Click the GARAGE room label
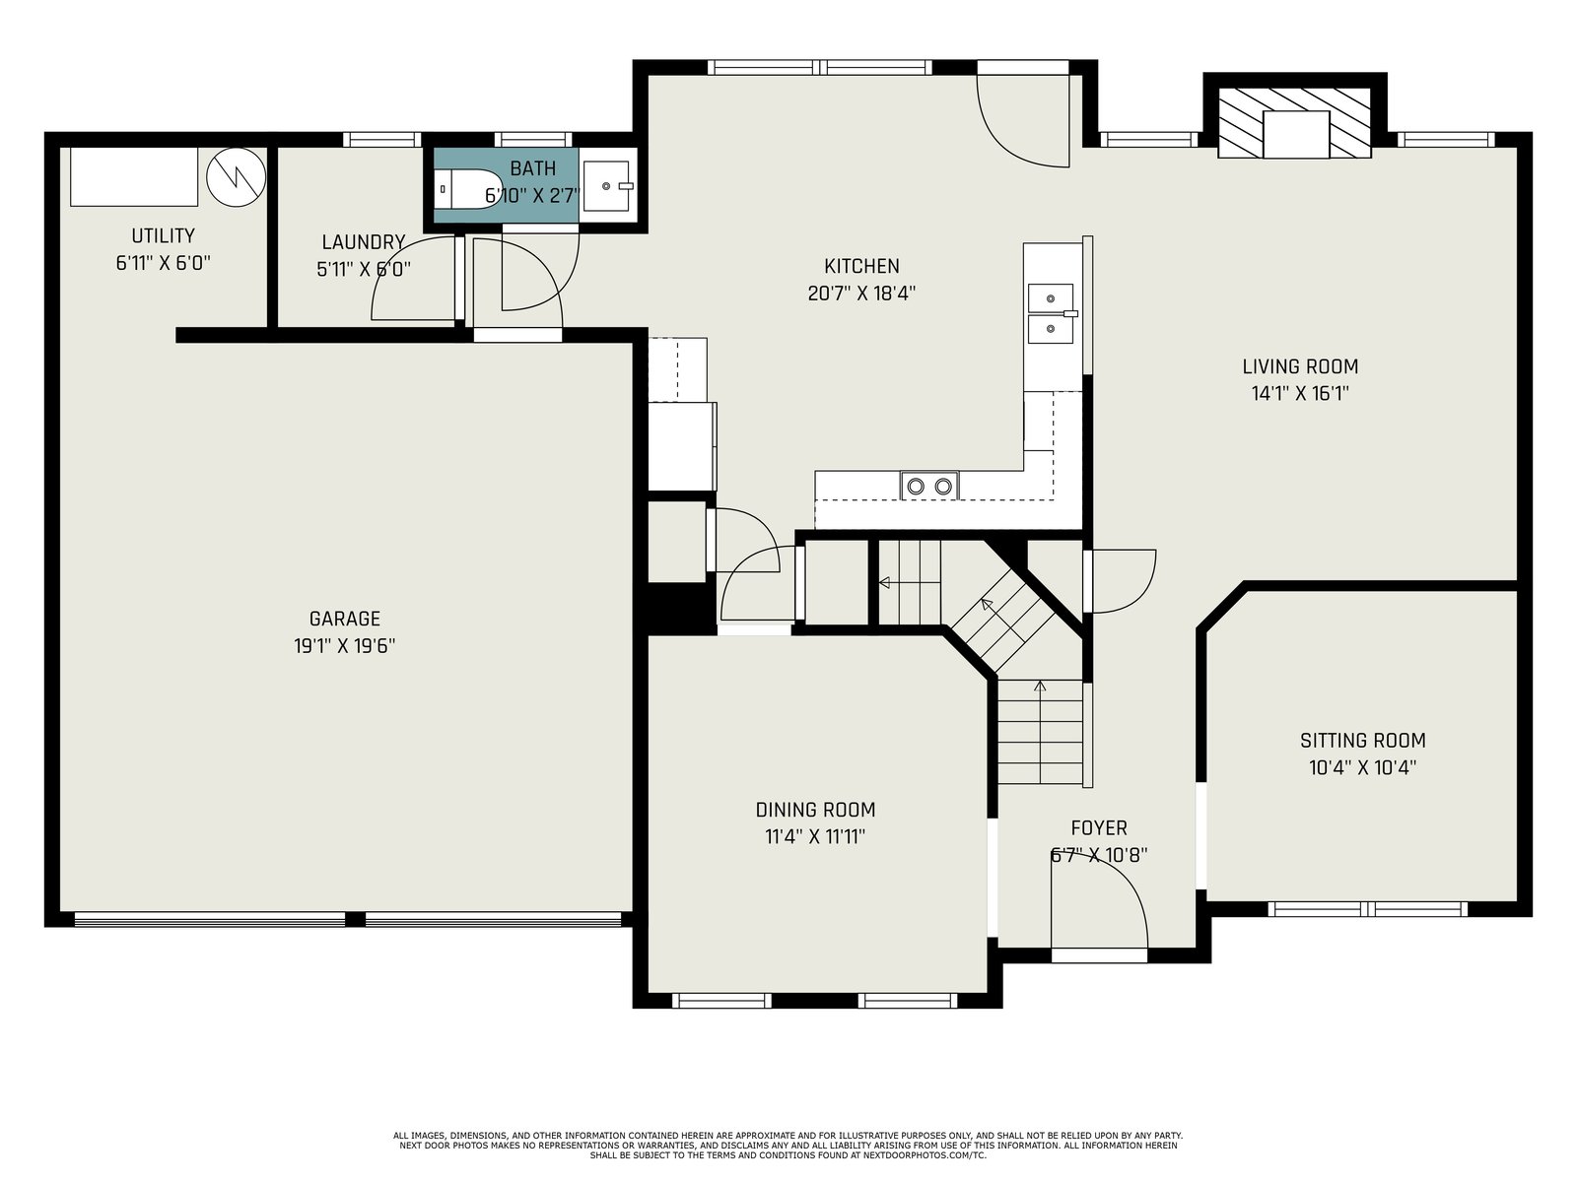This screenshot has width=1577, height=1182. pyautogui.click(x=344, y=619)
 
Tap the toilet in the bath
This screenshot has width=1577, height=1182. pyautogui.click(x=468, y=189)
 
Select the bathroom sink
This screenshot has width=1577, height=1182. pyautogui.click(x=607, y=186)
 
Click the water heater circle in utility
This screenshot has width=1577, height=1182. pyautogui.click(x=236, y=177)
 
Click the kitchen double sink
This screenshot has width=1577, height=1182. pyautogui.click(x=1051, y=313)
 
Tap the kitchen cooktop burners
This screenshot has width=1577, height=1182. pyautogui.click(x=929, y=486)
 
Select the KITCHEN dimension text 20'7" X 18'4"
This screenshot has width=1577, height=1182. pyautogui.click(x=861, y=294)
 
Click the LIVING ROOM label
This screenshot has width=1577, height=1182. pyautogui.click(x=1300, y=366)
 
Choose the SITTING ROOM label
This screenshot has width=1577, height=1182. pyautogui.click(x=1363, y=741)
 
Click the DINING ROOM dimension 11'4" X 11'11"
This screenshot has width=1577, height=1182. pyautogui.click(x=815, y=837)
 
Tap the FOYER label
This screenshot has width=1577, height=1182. pyautogui.click(x=1099, y=828)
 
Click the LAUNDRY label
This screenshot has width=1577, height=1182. pyautogui.click(x=364, y=242)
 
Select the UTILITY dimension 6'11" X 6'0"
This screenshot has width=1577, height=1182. pyautogui.click(x=163, y=263)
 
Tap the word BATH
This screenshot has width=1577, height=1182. pyautogui.click(x=532, y=168)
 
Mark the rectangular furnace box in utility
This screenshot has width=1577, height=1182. pyautogui.click(x=134, y=176)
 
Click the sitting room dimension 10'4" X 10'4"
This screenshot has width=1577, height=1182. pyautogui.click(x=1362, y=768)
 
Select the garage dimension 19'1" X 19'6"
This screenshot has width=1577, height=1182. pyautogui.click(x=344, y=646)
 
